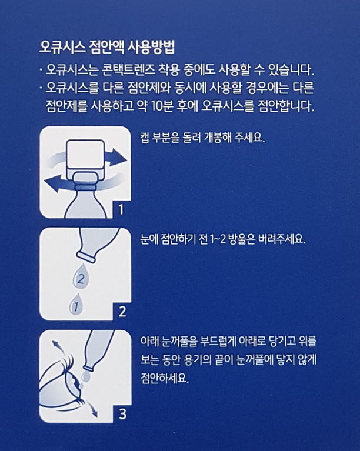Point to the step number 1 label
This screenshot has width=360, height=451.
pyautogui.click(x=119, y=208)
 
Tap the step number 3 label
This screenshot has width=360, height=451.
pyautogui.click(x=122, y=414)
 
